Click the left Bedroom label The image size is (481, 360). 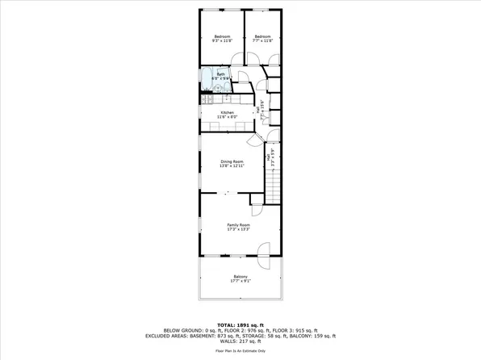[222, 36]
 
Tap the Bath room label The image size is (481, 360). [221, 73]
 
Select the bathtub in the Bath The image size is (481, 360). [207, 81]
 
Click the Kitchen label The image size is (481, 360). [227, 113]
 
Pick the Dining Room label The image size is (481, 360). [232, 161]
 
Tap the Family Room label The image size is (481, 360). [238, 224]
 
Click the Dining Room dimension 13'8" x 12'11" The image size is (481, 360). [232, 166]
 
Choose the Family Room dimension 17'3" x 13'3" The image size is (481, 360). [238, 229]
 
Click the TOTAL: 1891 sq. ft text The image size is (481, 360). [240, 324]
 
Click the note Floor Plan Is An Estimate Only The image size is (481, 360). [240, 351]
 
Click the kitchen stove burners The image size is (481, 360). [205, 98]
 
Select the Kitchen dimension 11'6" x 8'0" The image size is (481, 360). [227, 118]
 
